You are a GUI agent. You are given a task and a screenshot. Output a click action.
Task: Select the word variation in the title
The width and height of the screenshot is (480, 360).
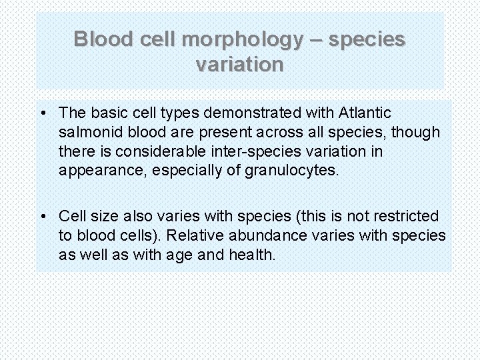tap(240, 65)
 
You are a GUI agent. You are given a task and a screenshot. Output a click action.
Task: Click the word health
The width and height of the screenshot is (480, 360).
tap(253, 254)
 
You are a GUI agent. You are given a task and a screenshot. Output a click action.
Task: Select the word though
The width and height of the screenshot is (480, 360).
tap(416, 132)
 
